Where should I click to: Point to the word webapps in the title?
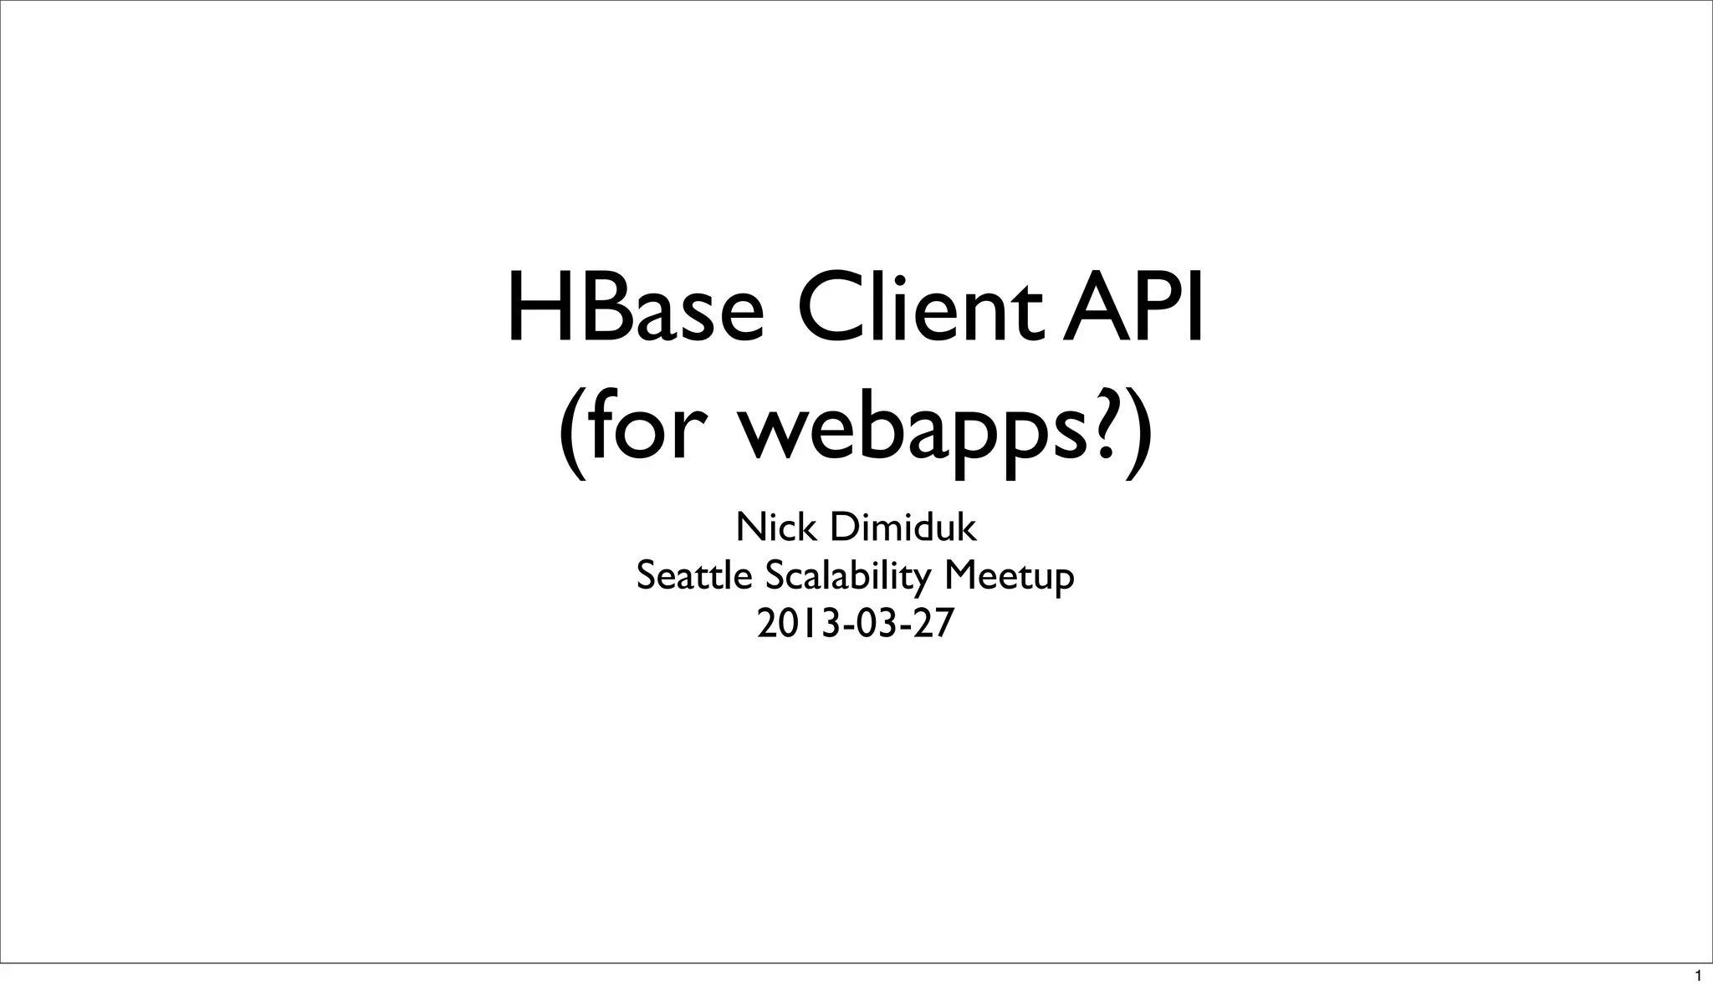click(x=904, y=435)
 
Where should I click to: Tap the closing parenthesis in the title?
click(x=1138, y=435)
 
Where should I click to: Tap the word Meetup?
click(x=1009, y=577)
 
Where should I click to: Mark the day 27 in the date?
click(x=934, y=624)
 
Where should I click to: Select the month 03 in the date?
click(x=872, y=624)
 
